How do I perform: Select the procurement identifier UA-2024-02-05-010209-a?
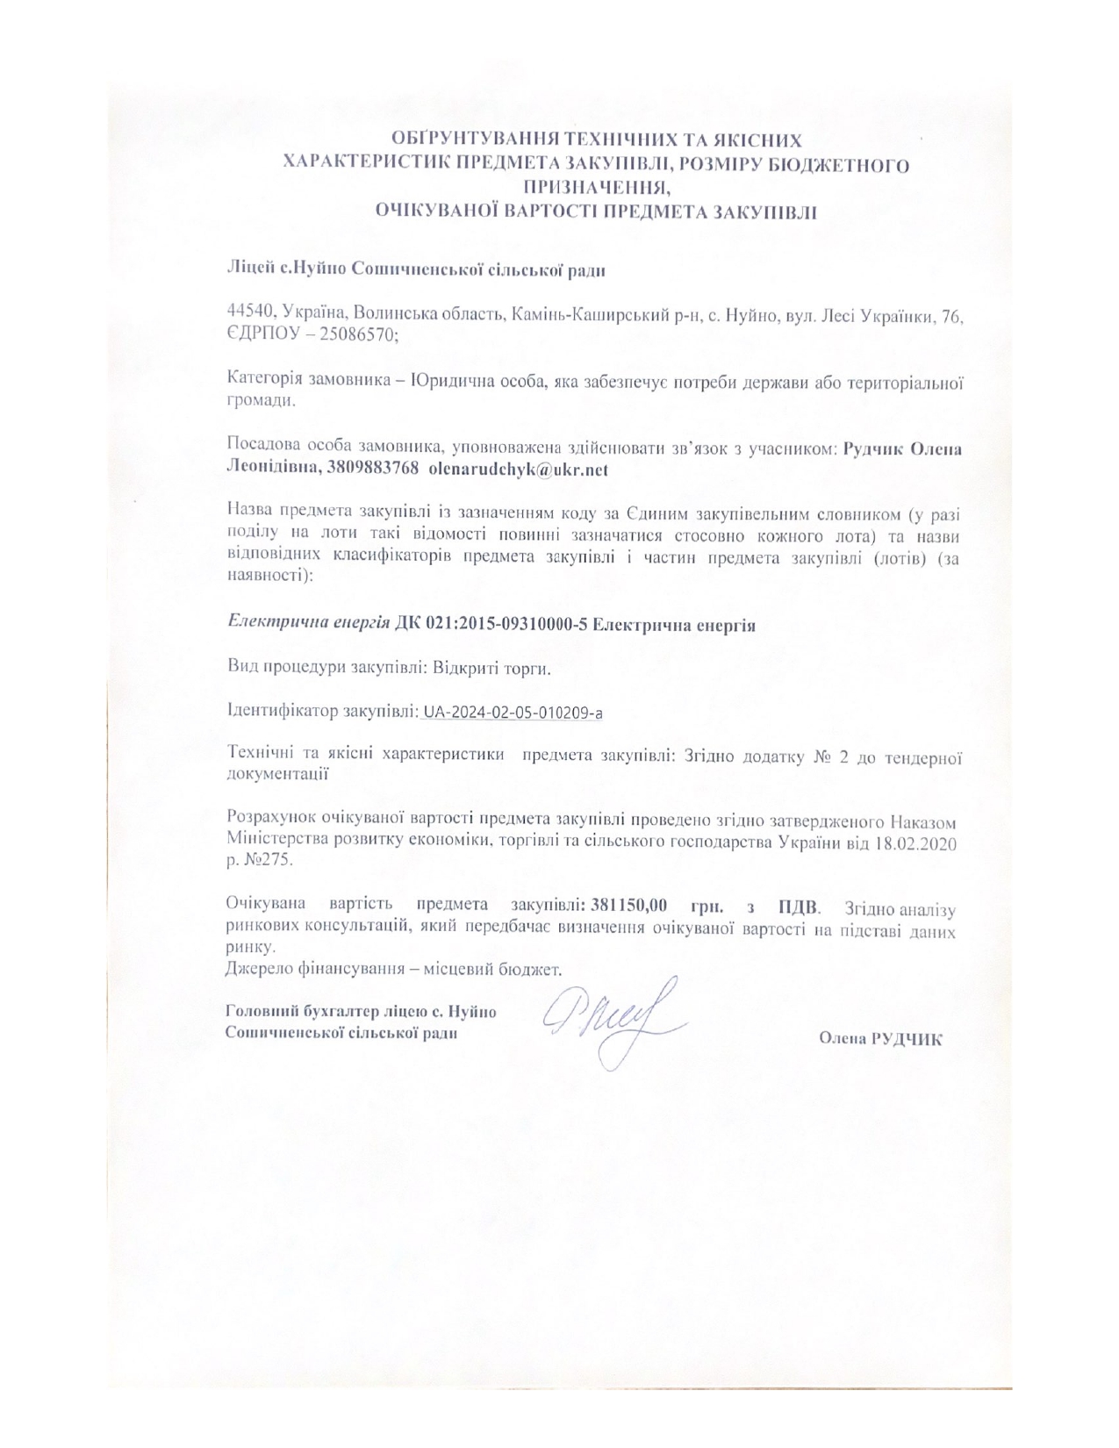(513, 713)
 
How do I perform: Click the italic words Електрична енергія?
(309, 625)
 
